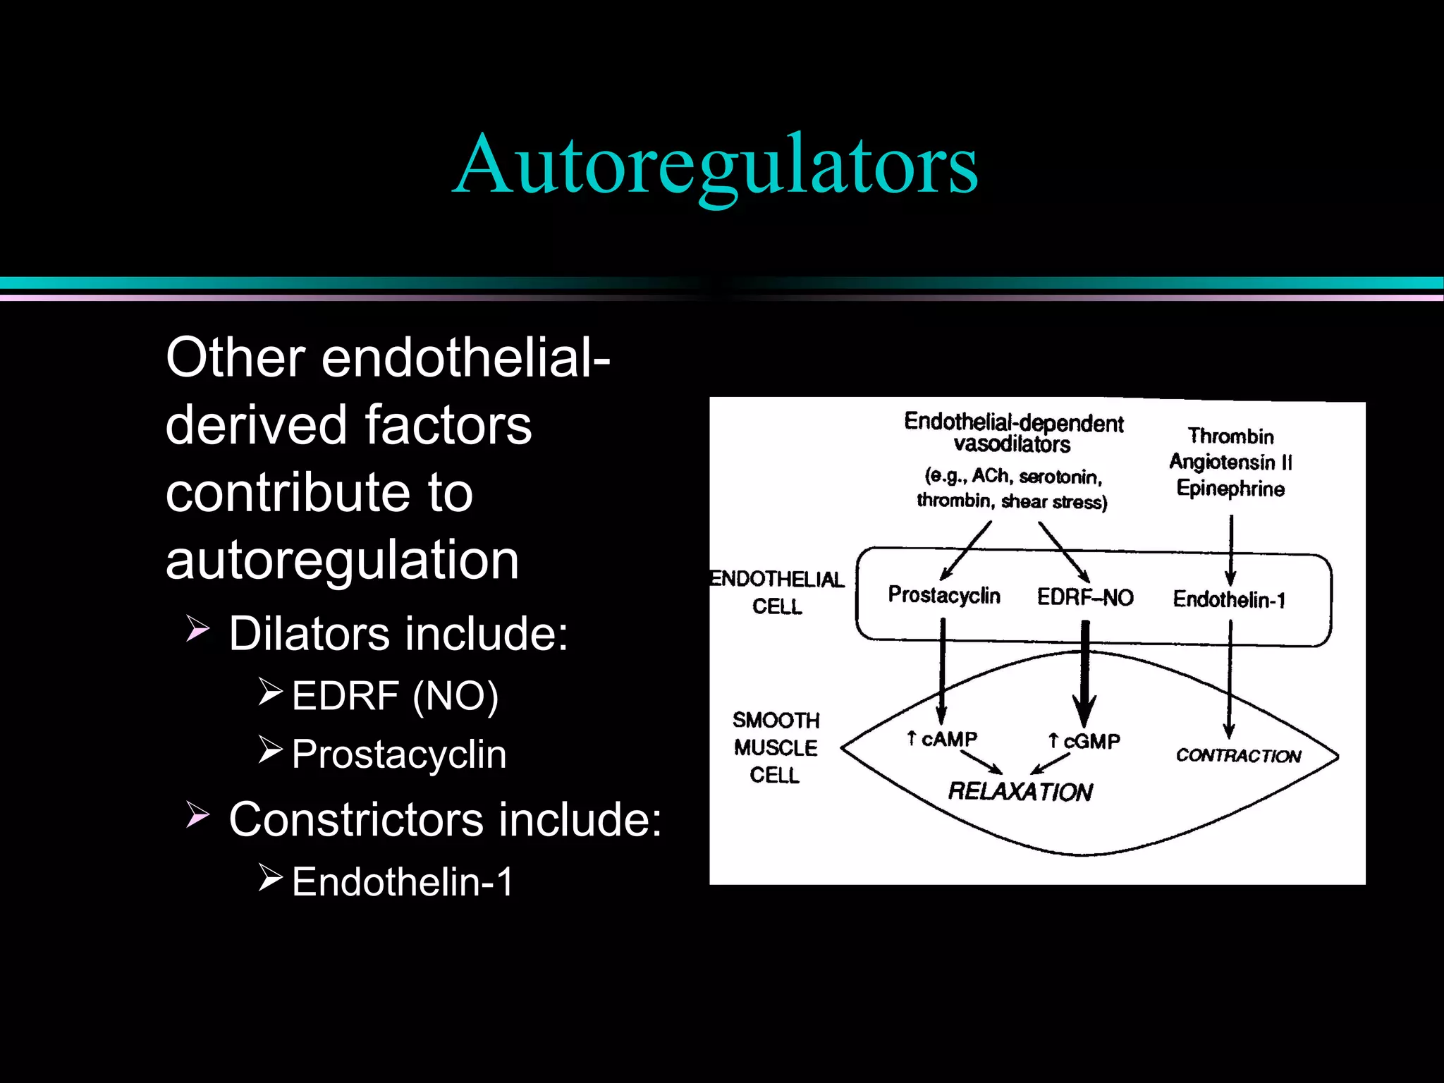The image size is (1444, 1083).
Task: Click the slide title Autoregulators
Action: pyautogui.click(x=715, y=165)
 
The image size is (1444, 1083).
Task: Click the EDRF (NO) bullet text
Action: pyautogui.click(x=395, y=696)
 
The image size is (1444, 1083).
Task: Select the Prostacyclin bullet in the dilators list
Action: pyautogui.click(x=399, y=754)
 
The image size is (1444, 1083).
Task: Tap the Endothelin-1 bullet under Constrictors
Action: pyautogui.click(x=403, y=882)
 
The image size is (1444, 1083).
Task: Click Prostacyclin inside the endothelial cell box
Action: pyautogui.click(x=944, y=595)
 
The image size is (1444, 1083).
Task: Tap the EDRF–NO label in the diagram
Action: pyautogui.click(x=1085, y=597)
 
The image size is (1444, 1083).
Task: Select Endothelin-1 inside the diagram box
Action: pyautogui.click(x=1229, y=599)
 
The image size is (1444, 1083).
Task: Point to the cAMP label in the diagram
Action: pyautogui.click(x=948, y=739)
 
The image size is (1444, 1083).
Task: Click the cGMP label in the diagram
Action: pyautogui.click(x=1091, y=741)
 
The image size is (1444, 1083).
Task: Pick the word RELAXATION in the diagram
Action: pyautogui.click(x=1020, y=791)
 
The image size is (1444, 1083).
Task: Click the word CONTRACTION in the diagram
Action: pyautogui.click(x=1238, y=756)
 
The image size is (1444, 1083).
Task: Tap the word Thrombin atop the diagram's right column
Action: pyautogui.click(x=1231, y=436)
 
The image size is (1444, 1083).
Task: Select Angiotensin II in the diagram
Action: pyautogui.click(x=1231, y=462)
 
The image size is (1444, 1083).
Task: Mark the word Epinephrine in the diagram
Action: pyautogui.click(x=1231, y=488)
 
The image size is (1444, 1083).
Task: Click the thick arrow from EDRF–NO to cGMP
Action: pyautogui.click(x=1085, y=670)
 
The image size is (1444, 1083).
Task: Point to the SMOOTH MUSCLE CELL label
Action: pyautogui.click(x=776, y=747)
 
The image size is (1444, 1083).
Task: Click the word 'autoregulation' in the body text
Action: pyautogui.click(x=343, y=560)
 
